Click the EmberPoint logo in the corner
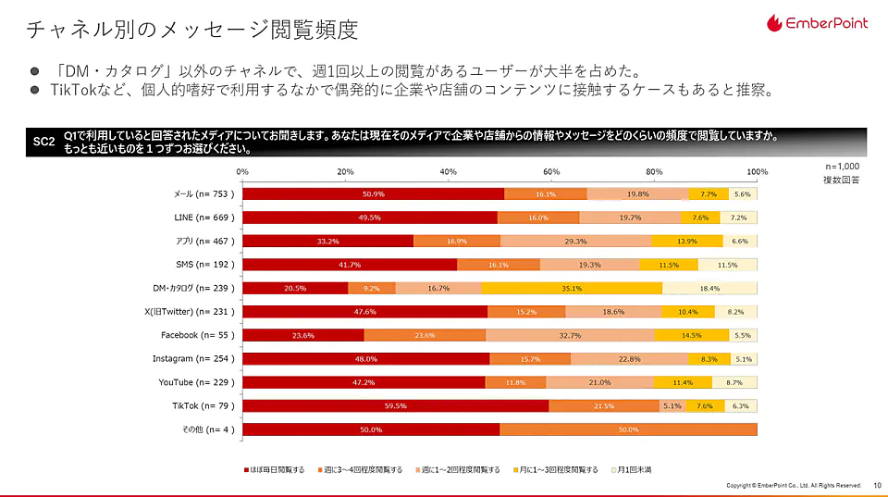pos(817,22)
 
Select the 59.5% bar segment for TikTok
pos(395,405)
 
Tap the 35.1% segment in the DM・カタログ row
pos(572,288)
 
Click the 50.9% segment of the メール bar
pos(373,193)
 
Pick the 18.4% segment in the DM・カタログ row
pos(709,288)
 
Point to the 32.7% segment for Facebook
pos(570,335)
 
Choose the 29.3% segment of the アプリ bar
pos(574,241)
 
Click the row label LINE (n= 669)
pos(204,217)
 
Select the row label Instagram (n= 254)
pos(193,358)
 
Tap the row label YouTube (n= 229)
pos(196,382)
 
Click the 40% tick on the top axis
pos(449,172)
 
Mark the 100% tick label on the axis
pos(758,172)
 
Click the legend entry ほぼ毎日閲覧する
pos(275,470)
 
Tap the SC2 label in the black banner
pos(43,142)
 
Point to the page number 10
pos(877,485)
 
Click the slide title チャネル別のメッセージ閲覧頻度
pos(191,30)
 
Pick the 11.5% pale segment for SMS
pos(727,264)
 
